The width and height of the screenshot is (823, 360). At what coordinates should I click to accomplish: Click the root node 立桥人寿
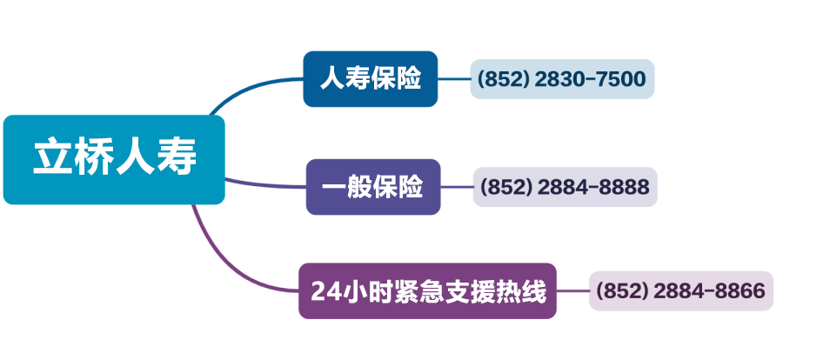coord(114,159)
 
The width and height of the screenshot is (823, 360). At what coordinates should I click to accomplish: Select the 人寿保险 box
coord(370,79)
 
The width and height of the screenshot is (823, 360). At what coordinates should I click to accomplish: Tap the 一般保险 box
coord(373,186)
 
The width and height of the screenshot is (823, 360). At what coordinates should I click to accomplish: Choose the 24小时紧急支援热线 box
coord(427,291)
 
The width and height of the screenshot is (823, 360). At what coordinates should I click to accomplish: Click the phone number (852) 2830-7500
coord(562,79)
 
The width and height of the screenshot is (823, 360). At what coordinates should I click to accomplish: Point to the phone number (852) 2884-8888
coord(565,187)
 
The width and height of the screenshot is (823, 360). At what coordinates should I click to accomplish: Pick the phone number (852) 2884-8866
coord(681,290)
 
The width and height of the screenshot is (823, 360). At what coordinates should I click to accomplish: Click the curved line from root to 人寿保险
coord(252,88)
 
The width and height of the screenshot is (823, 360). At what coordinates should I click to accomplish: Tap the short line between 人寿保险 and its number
coord(453,79)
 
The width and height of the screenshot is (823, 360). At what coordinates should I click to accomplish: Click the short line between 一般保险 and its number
coord(457,186)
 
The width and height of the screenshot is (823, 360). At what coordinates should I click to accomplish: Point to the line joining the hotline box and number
coord(572,290)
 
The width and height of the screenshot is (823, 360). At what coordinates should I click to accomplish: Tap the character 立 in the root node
coord(52,159)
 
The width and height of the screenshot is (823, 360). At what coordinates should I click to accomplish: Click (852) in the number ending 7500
coord(504,80)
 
